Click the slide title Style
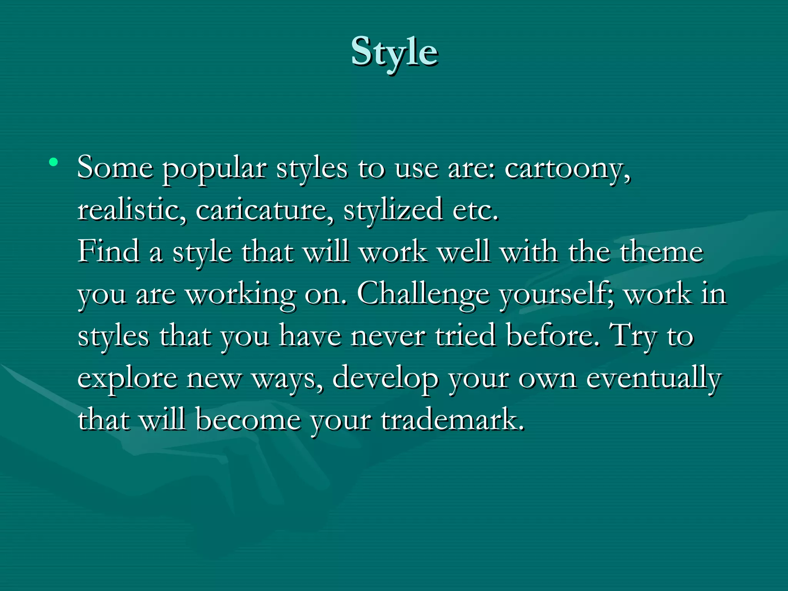[x=394, y=52]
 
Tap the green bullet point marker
[x=53, y=162]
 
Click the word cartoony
[x=567, y=169]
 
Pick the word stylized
[x=393, y=211]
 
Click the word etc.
[x=475, y=211]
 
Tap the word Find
[x=109, y=252]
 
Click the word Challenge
[x=423, y=295]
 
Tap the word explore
[x=127, y=379]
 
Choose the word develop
[x=385, y=379]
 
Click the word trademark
[x=452, y=420]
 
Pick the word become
[x=248, y=420]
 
